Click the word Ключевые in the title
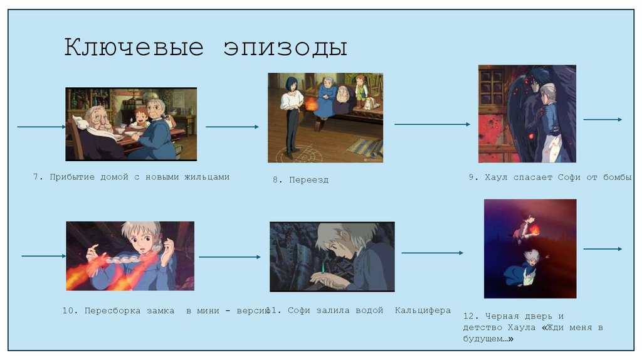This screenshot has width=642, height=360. (x=134, y=48)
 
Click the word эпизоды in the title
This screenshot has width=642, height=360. (x=285, y=48)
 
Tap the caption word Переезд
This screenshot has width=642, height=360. (x=308, y=180)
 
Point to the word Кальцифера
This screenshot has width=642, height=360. (x=423, y=310)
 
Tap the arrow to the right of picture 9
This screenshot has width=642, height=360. (x=603, y=120)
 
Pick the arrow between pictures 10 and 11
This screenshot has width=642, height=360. (x=229, y=257)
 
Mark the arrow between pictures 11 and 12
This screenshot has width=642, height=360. (x=432, y=253)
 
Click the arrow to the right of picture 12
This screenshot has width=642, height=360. (x=603, y=249)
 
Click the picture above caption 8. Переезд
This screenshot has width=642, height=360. (x=325, y=117)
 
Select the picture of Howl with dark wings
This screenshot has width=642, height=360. (x=527, y=114)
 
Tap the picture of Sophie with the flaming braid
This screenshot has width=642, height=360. (x=130, y=255)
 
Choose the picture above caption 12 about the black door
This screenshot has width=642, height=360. (x=530, y=248)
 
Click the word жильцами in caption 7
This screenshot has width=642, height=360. (x=206, y=177)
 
